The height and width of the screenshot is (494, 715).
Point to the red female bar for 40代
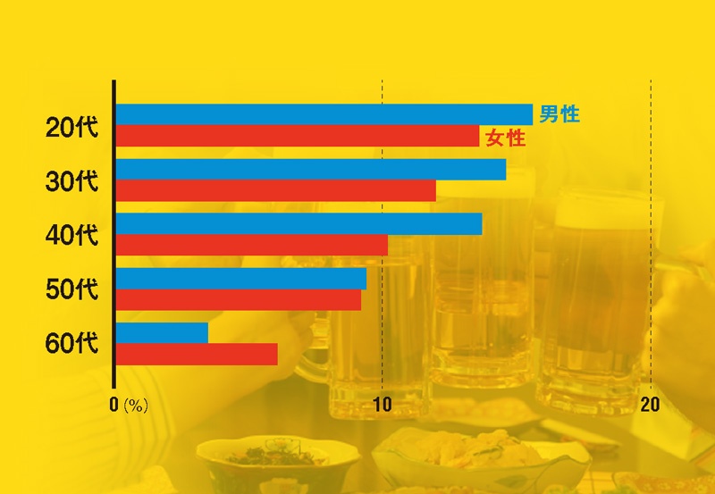click(x=251, y=245)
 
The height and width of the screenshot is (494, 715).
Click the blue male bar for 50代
click(x=240, y=279)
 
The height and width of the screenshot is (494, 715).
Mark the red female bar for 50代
click(x=238, y=299)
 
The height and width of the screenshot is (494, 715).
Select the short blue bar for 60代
click(x=162, y=332)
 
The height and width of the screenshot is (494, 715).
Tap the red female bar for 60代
click(x=196, y=354)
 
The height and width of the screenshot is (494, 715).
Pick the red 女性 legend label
click(x=504, y=138)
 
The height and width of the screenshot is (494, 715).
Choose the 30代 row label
click(x=71, y=181)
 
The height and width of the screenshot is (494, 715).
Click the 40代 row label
click(x=71, y=236)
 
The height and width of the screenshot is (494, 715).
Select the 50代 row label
click(x=71, y=289)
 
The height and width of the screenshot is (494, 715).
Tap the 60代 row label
click(x=71, y=343)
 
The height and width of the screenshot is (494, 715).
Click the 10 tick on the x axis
click(x=382, y=404)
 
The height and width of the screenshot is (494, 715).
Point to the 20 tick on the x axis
click(x=650, y=404)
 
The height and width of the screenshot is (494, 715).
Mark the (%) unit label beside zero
click(x=136, y=405)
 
